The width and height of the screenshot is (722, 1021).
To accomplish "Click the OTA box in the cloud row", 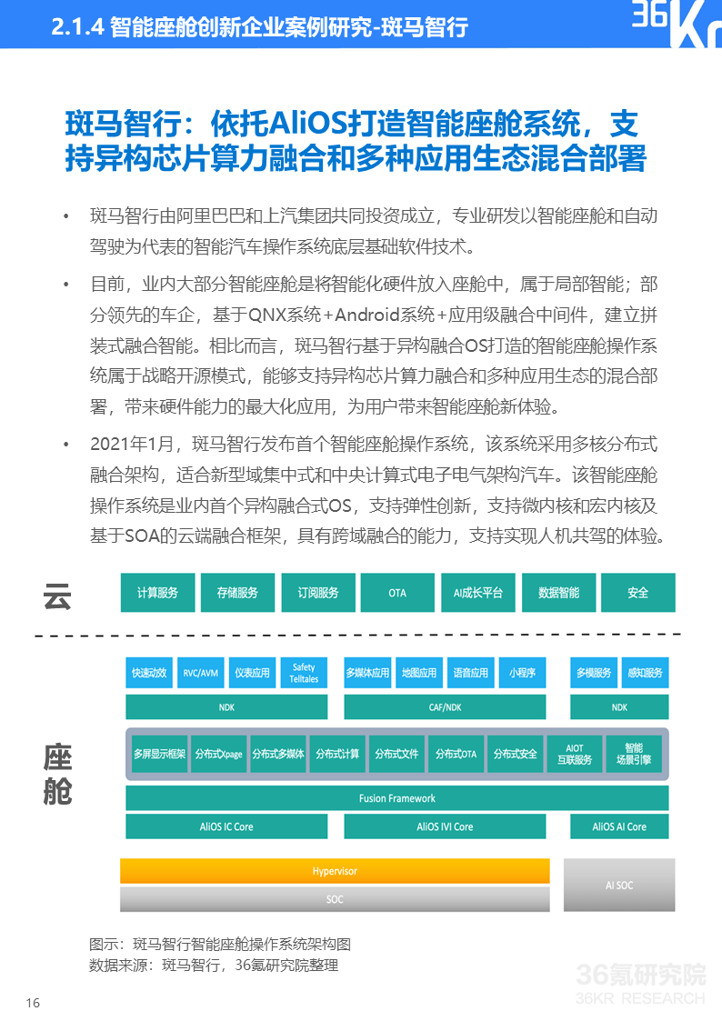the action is point(397,593).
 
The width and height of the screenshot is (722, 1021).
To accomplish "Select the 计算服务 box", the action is point(157,593).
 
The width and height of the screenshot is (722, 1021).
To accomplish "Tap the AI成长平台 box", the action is point(478,593).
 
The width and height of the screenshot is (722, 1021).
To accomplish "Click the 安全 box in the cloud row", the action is point(638,593).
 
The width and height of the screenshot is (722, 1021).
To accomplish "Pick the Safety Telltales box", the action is point(304,674).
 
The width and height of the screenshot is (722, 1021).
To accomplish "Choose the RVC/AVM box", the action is point(201,674).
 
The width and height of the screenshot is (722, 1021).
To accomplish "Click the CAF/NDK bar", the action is point(446,707).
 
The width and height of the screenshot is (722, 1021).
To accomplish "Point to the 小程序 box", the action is point(522,674).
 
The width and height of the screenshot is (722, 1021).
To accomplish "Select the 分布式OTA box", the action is point(456,754).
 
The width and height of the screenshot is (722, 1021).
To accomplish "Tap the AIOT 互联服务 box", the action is point(575,754).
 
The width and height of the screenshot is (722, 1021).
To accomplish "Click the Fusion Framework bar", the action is point(397,798).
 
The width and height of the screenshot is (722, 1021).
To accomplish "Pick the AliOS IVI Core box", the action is point(446,827).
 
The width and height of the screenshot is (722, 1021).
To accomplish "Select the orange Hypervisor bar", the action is point(335,871).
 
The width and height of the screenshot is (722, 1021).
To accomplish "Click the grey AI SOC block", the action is point(619,885).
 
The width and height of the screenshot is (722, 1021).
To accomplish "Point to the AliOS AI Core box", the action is point(619,827).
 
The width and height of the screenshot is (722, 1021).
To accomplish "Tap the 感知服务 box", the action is point(646,674).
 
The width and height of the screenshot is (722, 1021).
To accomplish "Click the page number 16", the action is point(33,1003).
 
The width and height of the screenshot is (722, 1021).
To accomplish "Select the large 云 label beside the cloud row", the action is point(57,596).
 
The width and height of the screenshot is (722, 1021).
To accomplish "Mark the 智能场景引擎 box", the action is point(634,754).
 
